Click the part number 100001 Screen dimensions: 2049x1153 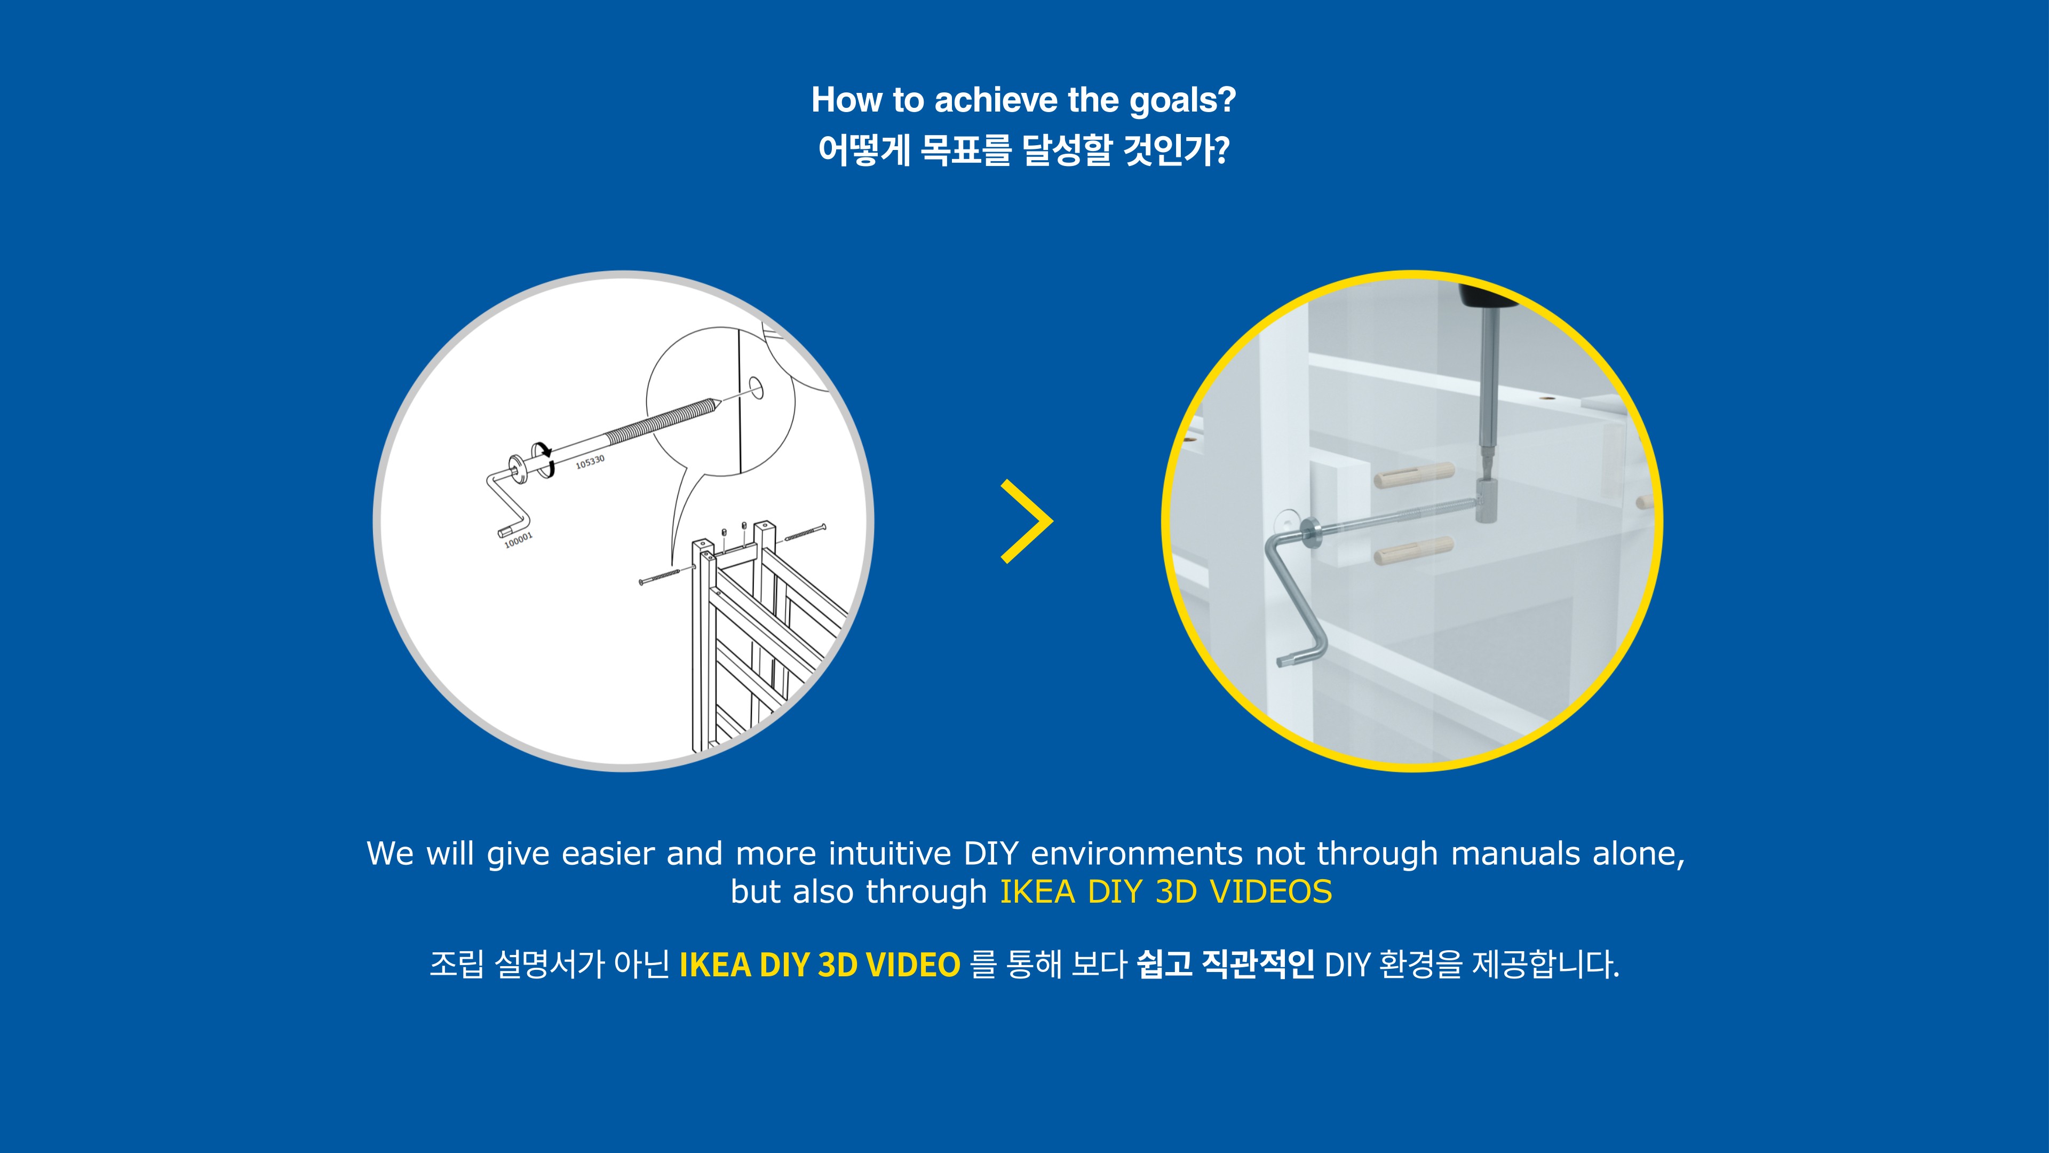519,540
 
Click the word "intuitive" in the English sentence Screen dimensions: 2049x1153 890,854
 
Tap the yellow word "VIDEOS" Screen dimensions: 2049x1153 1271,892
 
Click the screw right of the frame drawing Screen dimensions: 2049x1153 805,532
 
